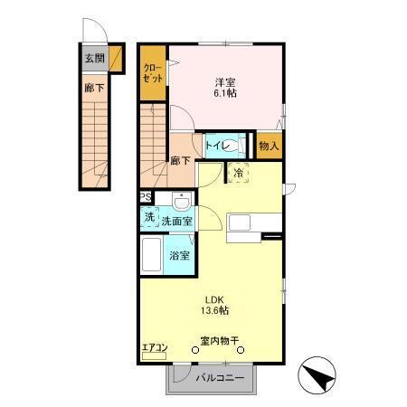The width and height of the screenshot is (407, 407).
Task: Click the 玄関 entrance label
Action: (x=93, y=59)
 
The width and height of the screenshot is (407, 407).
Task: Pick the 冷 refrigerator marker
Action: (x=239, y=174)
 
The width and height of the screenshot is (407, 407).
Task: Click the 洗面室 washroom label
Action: (x=176, y=221)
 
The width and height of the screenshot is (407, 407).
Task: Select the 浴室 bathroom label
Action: (x=179, y=255)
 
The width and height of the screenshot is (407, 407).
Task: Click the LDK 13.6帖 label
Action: (x=214, y=305)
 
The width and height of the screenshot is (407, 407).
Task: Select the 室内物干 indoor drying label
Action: (x=219, y=342)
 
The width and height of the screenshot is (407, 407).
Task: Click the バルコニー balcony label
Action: (x=221, y=379)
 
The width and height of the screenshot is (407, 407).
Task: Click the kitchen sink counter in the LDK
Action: (x=246, y=222)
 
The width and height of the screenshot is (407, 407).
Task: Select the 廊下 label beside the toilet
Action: (x=180, y=161)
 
